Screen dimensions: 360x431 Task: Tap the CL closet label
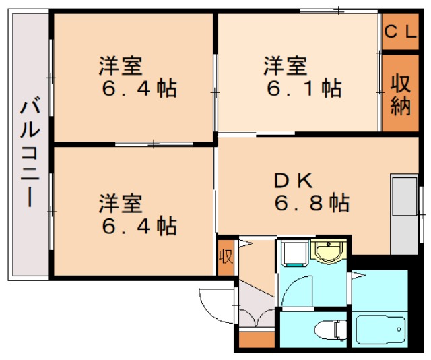[x=400, y=32]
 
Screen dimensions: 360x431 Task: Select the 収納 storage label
[x=400, y=94]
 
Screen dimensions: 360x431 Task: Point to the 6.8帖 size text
[x=311, y=202]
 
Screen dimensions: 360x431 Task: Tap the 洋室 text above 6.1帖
[x=285, y=66]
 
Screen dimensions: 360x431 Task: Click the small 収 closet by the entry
[x=226, y=256]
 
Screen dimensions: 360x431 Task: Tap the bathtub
[x=380, y=330]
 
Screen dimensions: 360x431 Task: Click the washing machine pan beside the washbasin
[x=294, y=253]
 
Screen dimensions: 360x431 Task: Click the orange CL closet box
[x=400, y=32]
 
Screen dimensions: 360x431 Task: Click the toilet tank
[x=318, y=330]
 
